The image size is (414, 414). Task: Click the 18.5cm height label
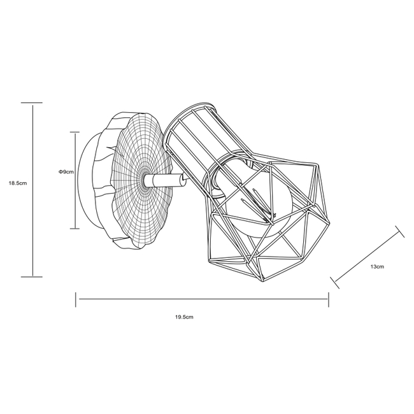(x=18, y=183)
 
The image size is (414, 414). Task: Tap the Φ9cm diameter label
(x=66, y=172)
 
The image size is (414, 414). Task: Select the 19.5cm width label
(x=184, y=317)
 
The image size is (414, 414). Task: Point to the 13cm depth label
(x=377, y=267)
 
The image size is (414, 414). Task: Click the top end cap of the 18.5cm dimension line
(x=32, y=103)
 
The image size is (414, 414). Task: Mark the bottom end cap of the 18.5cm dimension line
(x=32, y=276)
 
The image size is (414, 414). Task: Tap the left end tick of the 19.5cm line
(x=76, y=299)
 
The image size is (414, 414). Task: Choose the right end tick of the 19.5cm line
(x=329, y=299)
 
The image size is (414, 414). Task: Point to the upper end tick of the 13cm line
(x=400, y=232)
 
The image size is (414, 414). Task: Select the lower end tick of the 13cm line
(x=335, y=283)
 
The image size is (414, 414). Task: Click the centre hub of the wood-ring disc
(x=145, y=181)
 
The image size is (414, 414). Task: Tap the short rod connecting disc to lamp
(x=165, y=180)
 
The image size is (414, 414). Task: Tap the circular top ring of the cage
(x=190, y=138)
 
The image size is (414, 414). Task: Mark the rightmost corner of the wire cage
(x=329, y=224)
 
